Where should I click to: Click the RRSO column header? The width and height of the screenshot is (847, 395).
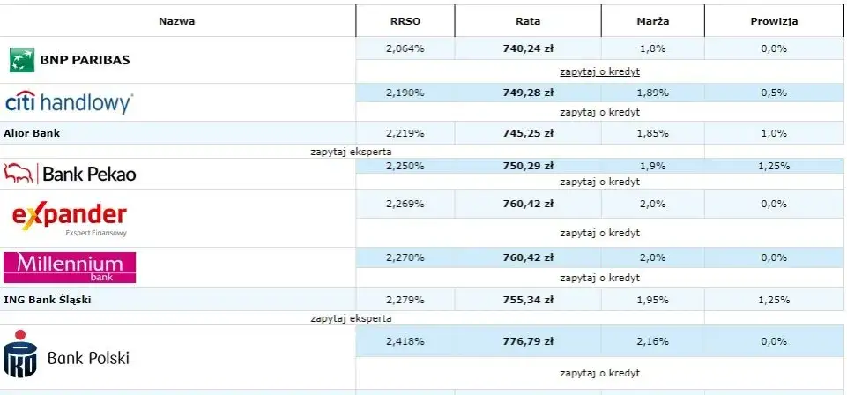405,21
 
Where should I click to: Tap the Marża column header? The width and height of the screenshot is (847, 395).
652,21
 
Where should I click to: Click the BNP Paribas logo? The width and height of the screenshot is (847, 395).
70,60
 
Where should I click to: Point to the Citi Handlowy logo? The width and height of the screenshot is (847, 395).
69,102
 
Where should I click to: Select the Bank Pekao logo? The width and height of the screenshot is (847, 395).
71,174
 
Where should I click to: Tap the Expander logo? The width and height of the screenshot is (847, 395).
70,218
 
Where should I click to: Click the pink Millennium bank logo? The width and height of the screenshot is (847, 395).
70,267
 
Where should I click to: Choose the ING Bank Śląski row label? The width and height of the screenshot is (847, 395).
48,300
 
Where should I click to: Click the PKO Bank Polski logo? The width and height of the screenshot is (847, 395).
67,357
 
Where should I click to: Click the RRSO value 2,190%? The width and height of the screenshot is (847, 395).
405,92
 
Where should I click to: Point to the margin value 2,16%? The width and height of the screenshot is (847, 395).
652,341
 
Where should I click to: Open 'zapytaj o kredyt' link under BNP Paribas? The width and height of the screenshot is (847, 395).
599,71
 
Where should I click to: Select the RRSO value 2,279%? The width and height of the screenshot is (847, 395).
405,300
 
